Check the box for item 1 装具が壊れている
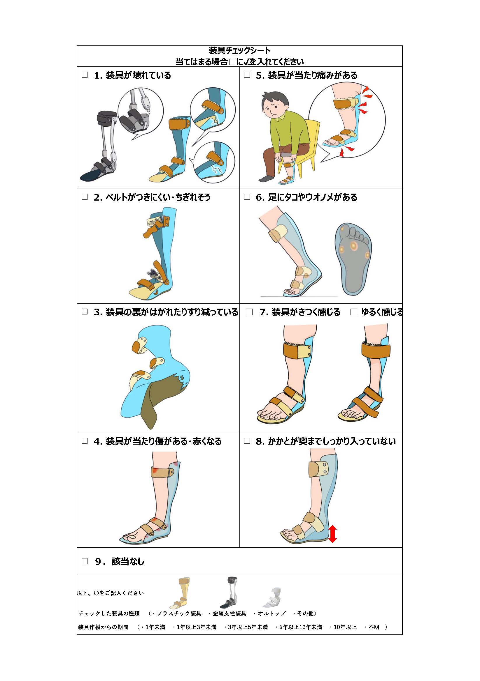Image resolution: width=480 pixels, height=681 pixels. [85, 75]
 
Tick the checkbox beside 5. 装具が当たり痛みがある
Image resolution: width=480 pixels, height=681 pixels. [247, 75]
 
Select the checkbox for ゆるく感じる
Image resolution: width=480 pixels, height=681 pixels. [353, 312]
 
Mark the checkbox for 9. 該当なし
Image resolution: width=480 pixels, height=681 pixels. [85, 561]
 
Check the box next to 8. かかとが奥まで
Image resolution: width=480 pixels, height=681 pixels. [247, 441]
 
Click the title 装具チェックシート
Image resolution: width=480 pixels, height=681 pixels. [240, 50]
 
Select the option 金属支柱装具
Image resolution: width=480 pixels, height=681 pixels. [229, 613]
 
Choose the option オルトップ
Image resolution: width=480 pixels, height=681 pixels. [271, 613]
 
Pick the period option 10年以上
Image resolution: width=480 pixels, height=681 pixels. [345, 627]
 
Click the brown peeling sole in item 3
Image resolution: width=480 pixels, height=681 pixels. [162, 400]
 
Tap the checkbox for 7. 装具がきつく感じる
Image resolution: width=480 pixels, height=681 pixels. [249, 312]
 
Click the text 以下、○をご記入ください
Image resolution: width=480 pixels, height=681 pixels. [111, 593]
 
